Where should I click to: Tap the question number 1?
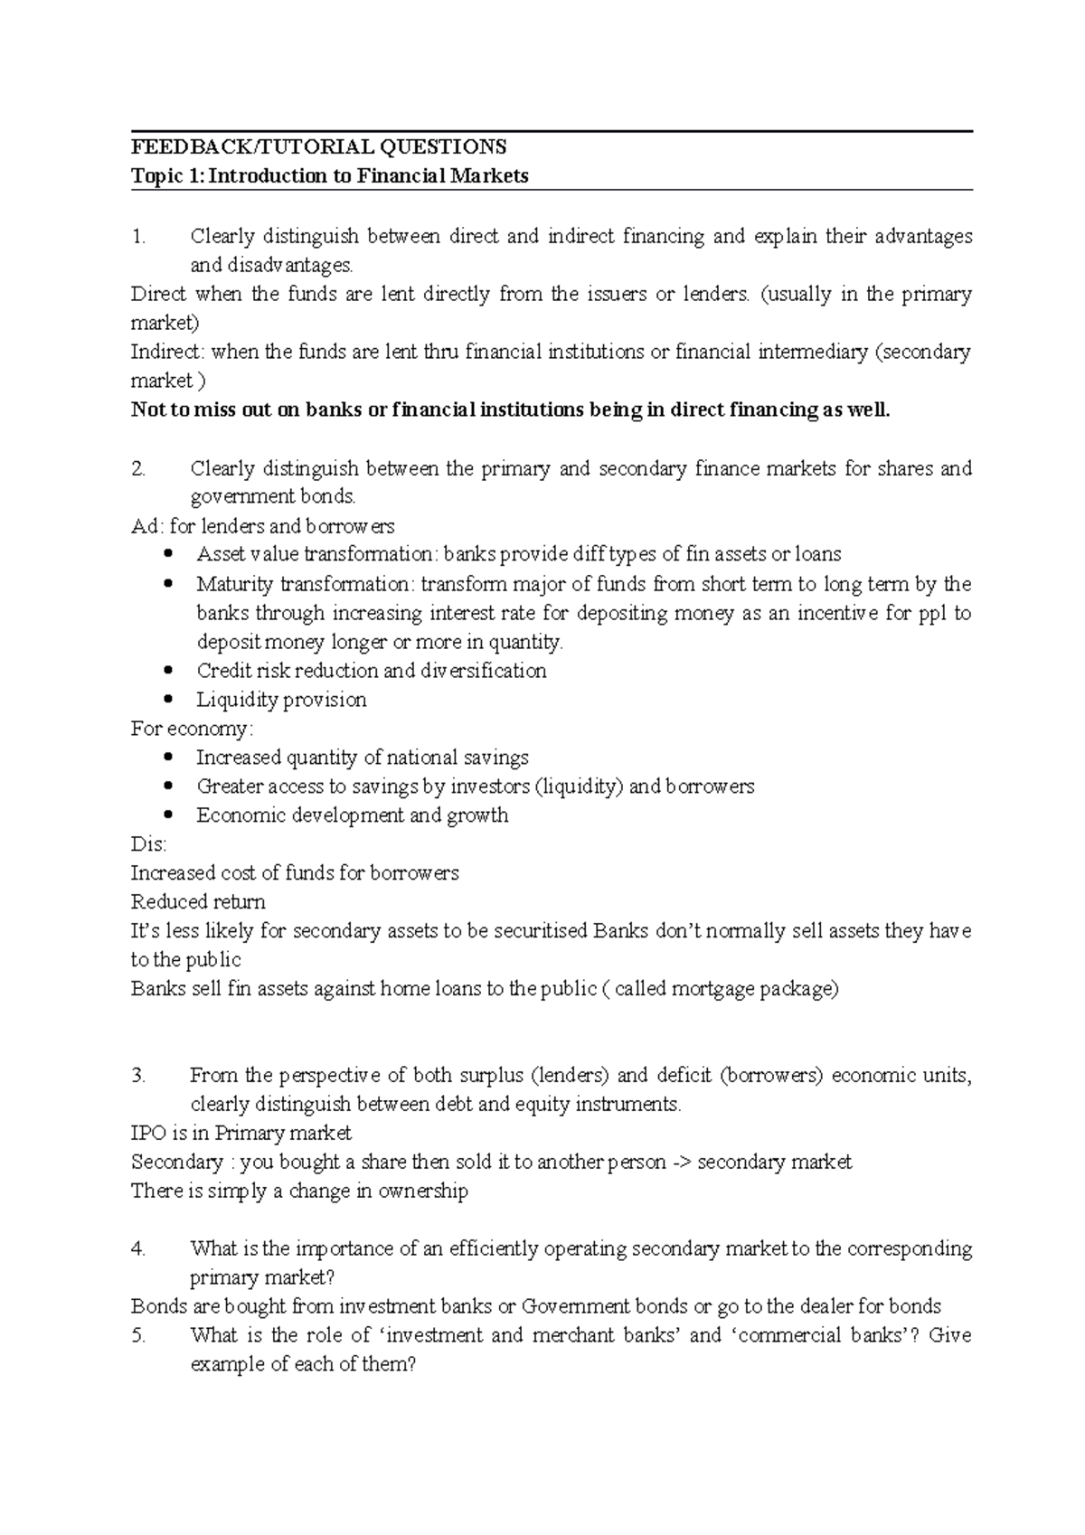137,237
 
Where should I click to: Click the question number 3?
137,1076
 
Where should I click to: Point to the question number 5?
137,1335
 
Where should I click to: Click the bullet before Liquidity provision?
169,700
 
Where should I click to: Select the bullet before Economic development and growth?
169,815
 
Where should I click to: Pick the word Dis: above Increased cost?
148,844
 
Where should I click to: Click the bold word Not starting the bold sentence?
147,410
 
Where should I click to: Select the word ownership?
423,1191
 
